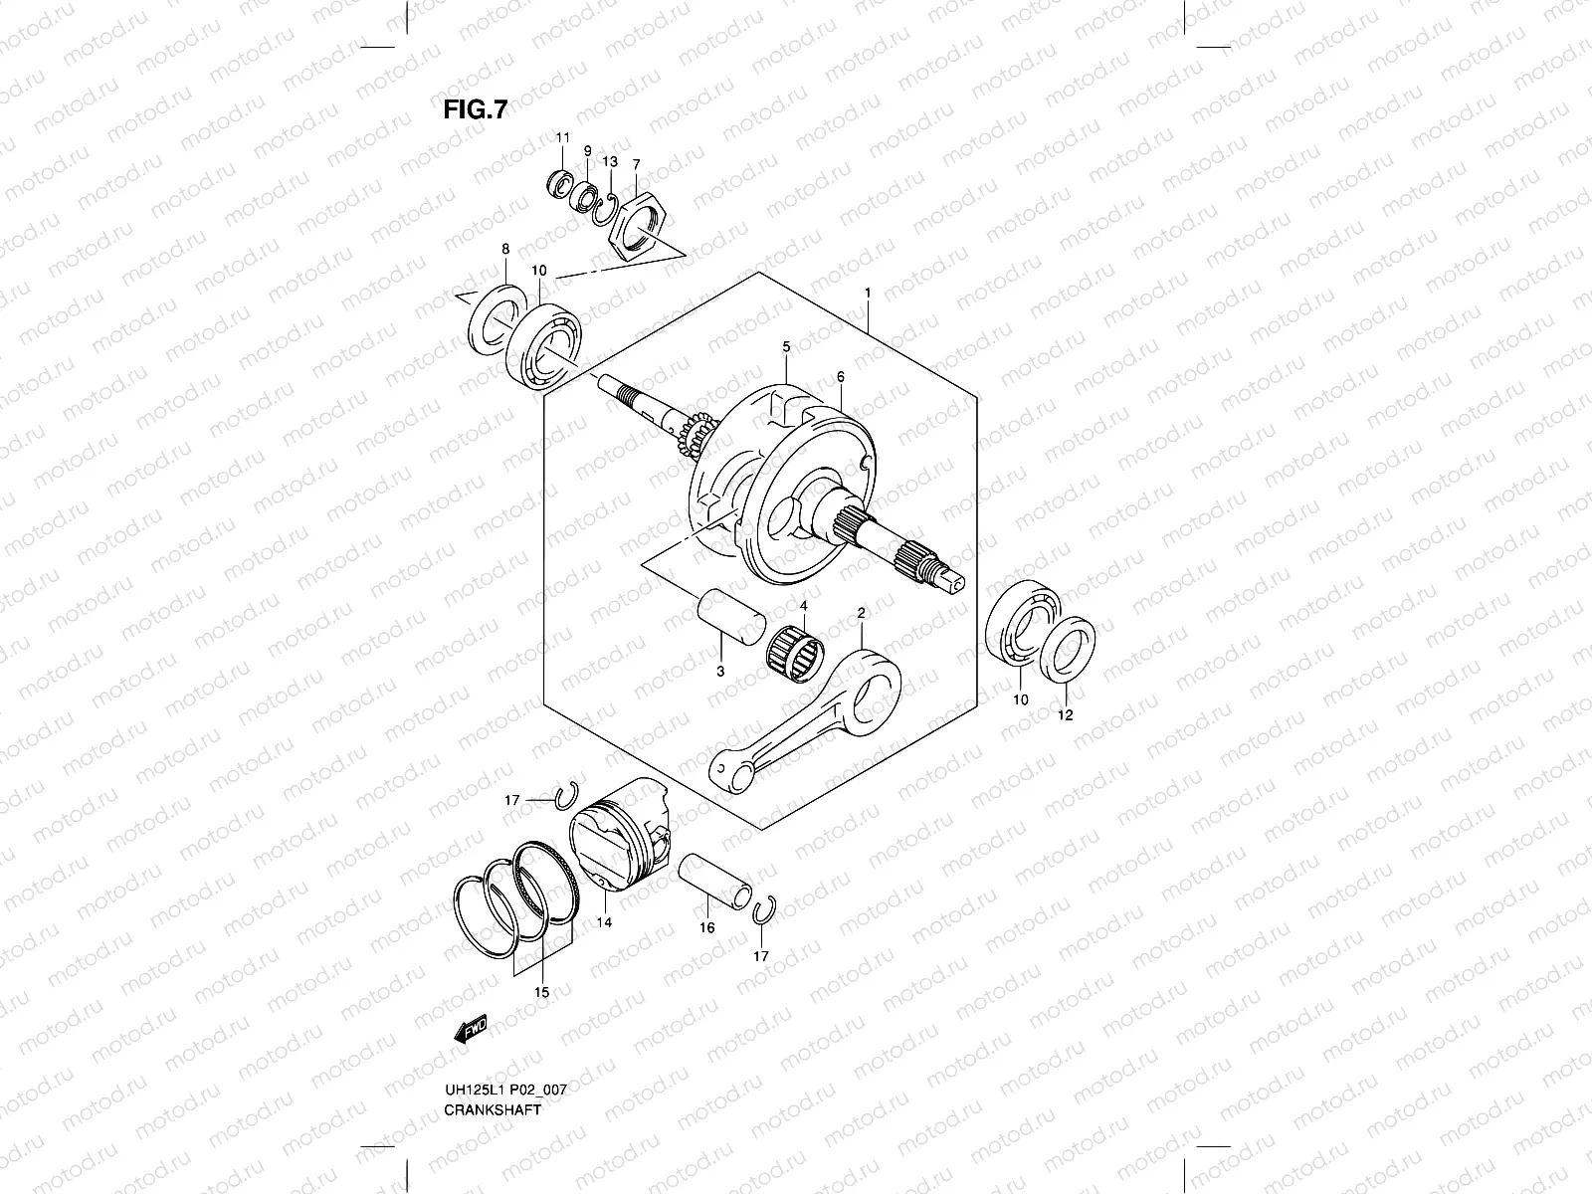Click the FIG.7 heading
click(475, 109)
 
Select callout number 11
click(561, 137)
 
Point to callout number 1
click(869, 293)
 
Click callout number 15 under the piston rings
click(542, 992)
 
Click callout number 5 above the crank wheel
click(786, 346)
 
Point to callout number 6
click(841, 377)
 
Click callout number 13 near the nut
click(610, 161)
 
